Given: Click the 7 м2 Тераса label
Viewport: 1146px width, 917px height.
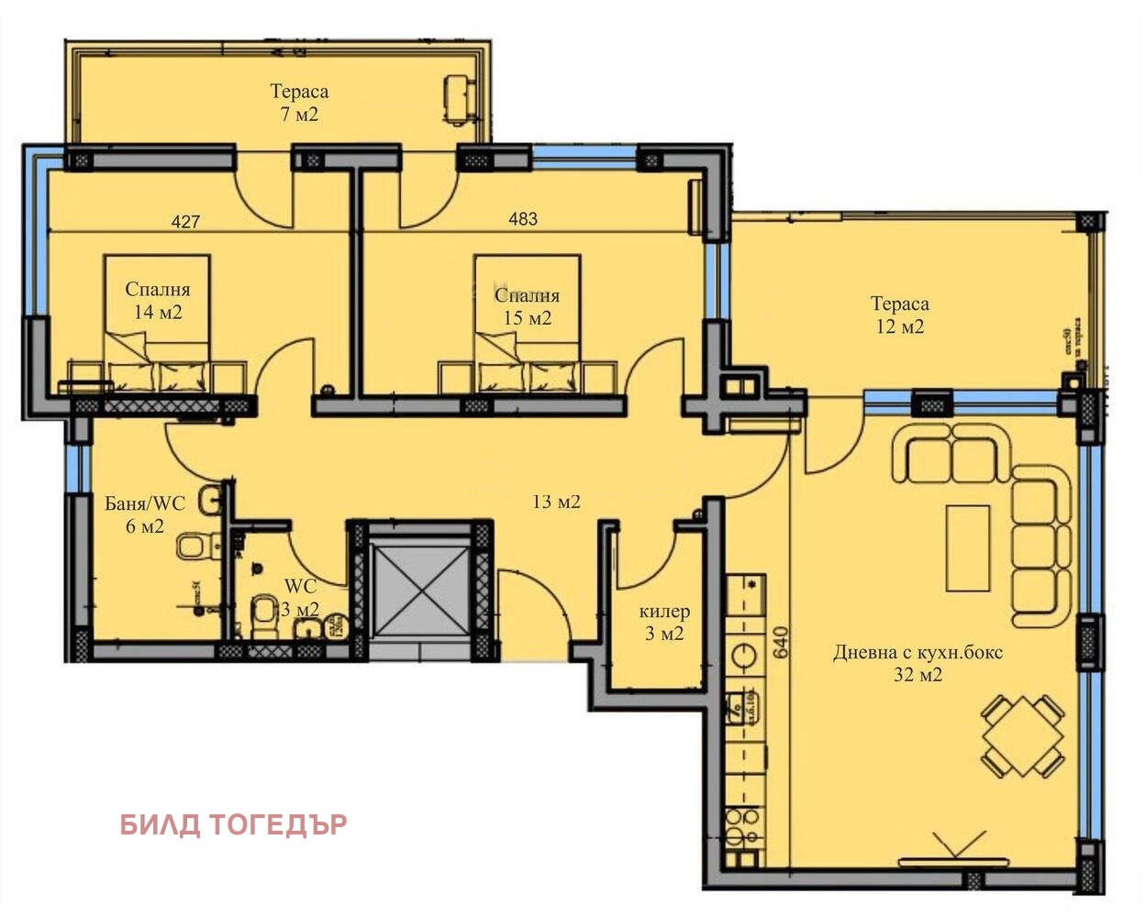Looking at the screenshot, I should pyautogui.click(x=299, y=103).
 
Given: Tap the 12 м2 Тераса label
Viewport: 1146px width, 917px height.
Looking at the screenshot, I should pyautogui.click(x=899, y=315).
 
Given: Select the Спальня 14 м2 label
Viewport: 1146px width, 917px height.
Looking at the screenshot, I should pyautogui.click(x=158, y=301).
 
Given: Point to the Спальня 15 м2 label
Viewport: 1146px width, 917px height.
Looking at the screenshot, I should pyautogui.click(x=527, y=306).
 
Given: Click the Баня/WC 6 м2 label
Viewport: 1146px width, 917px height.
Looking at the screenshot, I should pyautogui.click(x=145, y=514).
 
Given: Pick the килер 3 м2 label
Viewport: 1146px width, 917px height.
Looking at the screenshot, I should pyautogui.click(x=664, y=623).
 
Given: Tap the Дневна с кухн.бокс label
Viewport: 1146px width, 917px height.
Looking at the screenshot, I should pyautogui.click(x=918, y=654).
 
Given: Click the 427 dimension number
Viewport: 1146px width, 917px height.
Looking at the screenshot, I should pyautogui.click(x=185, y=221).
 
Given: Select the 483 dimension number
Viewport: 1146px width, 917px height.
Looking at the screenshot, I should pyautogui.click(x=523, y=219).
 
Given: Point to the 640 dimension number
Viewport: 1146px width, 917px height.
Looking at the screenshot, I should pyautogui.click(x=781, y=642).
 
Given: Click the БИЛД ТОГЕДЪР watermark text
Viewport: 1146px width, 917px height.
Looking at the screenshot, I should pyautogui.click(x=234, y=824).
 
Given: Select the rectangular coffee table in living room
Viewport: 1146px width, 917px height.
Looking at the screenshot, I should pyautogui.click(x=968, y=548).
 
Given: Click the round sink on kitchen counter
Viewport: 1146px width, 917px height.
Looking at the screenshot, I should pyautogui.click(x=743, y=657).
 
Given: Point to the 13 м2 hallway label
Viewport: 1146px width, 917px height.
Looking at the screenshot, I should pyautogui.click(x=556, y=502).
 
